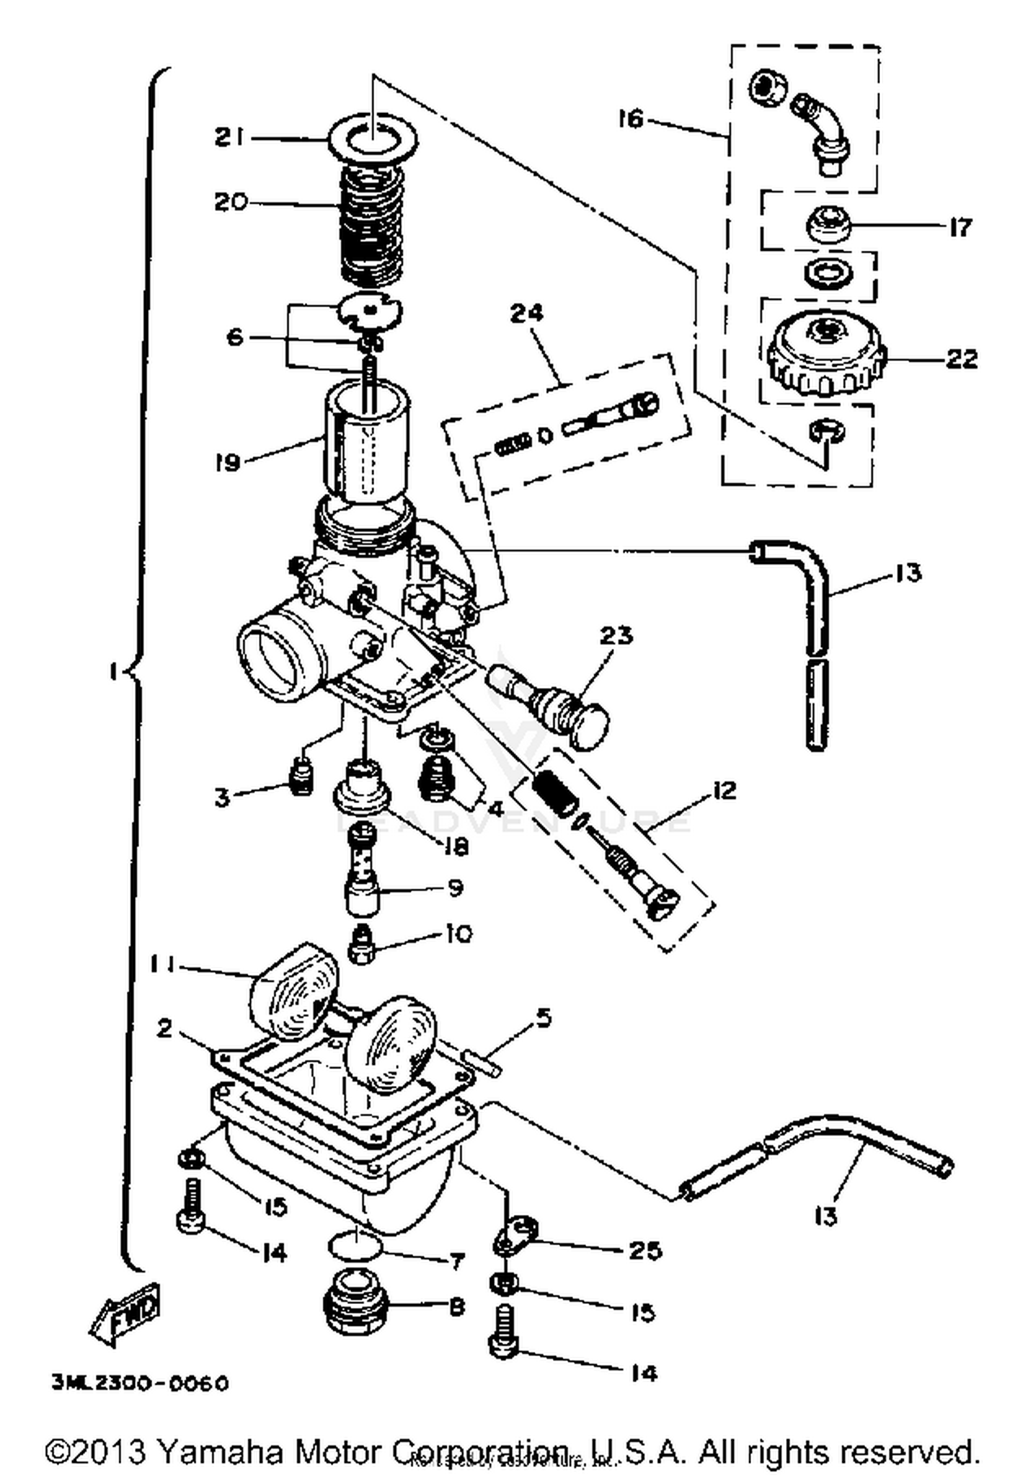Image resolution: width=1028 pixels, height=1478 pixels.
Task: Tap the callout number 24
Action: tap(526, 313)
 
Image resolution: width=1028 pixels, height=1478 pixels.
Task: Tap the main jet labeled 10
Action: tap(361, 944)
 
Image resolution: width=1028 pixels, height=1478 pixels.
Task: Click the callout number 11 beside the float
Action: tap(163, 964)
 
